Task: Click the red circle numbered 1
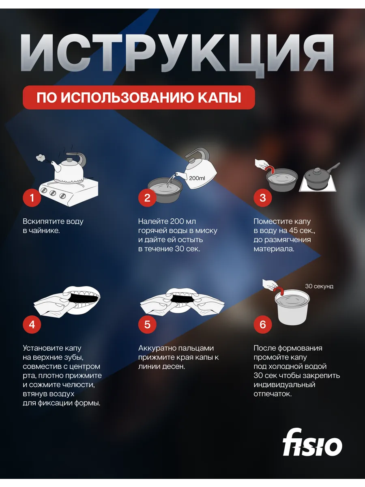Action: coord(32,198)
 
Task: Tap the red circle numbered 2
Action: coord(147,198)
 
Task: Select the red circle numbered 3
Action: coord(263,198)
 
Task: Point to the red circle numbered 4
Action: coord(32,325)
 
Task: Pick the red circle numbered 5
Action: coord(147,325)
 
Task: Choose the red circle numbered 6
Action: coord(263,325)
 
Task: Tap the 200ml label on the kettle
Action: coord(197,178)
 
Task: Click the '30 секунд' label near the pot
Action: coord(319,286)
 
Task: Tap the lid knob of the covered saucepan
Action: coord(318,170)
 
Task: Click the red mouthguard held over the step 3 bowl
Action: coord(270,169)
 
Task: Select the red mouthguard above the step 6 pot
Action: coord(279,290)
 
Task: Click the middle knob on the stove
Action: coord(53,193)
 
